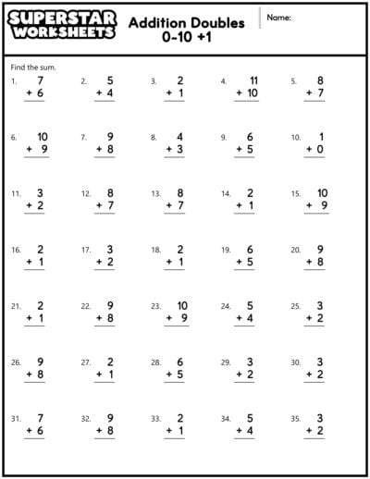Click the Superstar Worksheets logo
pos(63,26)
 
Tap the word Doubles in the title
pos(218,23)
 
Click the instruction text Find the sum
pos(31,68)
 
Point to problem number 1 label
pos(14,81)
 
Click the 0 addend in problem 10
pos(320,150)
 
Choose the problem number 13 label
pos(155,194)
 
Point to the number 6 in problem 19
pos(250,250)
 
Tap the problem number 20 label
pos(295,251)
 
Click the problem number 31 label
pos(16,419)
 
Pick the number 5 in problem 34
pos(250,418)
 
